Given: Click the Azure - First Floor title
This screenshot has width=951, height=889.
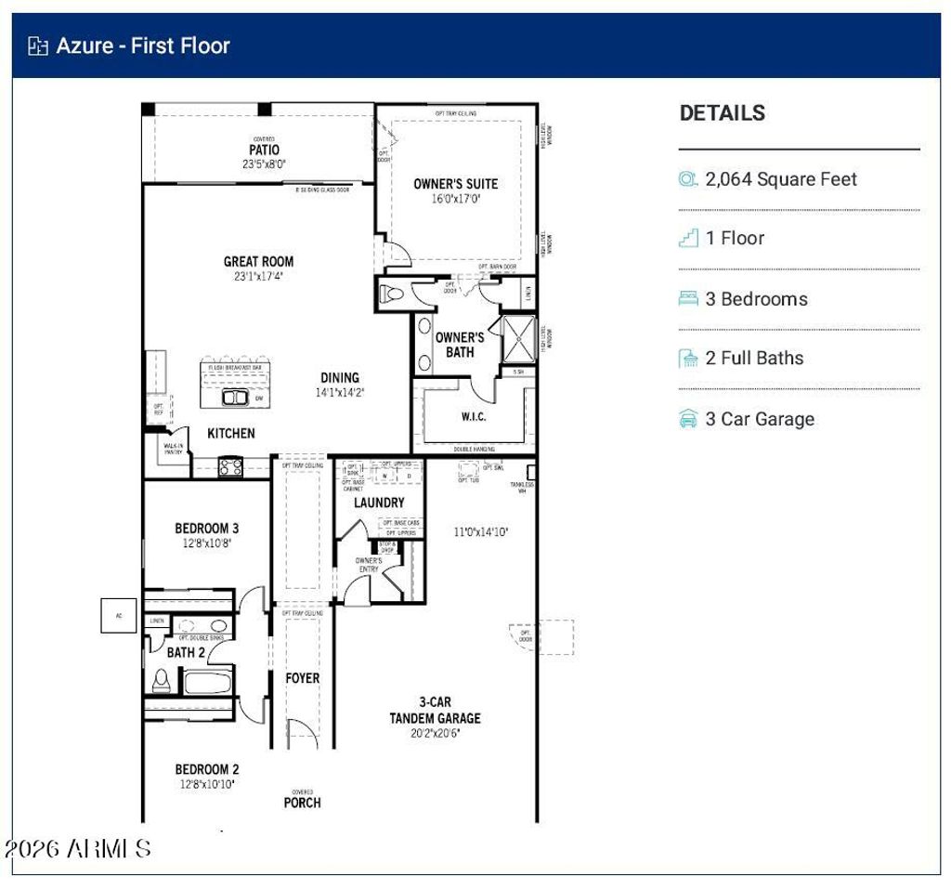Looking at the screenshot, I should click(x=142, y=46).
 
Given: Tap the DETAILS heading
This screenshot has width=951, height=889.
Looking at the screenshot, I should click(x=723, y=113).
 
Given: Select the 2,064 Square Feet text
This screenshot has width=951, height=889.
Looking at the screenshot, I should click(x=781, y=179).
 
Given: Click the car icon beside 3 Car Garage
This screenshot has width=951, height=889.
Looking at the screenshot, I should click(x=688, y=419).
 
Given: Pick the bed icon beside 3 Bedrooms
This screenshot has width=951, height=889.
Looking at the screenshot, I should click(x=688, y=299).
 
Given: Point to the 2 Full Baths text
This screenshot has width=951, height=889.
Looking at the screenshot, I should click(x=754, y=359).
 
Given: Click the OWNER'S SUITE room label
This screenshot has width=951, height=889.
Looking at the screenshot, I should click(x=455, y=184).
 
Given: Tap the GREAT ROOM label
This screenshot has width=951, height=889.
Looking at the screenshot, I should click(x=258, y=262).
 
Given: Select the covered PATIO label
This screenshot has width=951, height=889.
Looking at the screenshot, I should click(x=264, y=150).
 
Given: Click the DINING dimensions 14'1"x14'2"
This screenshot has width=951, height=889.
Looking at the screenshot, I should click(x=340, y=392).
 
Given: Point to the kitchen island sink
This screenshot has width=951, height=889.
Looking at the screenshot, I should click(x=234, y=398).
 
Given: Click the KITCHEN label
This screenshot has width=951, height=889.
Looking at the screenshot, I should click(x=230, y=433).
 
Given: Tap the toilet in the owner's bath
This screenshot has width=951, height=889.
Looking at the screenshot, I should click(x=391, y=294).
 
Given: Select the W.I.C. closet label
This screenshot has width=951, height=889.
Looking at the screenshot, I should click(x=473, y=417).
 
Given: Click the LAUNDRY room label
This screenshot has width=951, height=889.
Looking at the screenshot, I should click(x=379, y=503).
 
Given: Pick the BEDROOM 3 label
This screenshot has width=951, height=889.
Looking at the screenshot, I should click(x=207, y=529).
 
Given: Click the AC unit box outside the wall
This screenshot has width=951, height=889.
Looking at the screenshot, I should click(x=119, y=615).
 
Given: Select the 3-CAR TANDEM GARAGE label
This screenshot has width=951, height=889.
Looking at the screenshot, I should click(x=435, y=711).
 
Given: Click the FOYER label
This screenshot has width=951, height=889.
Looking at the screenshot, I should click(x=302, y=679).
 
